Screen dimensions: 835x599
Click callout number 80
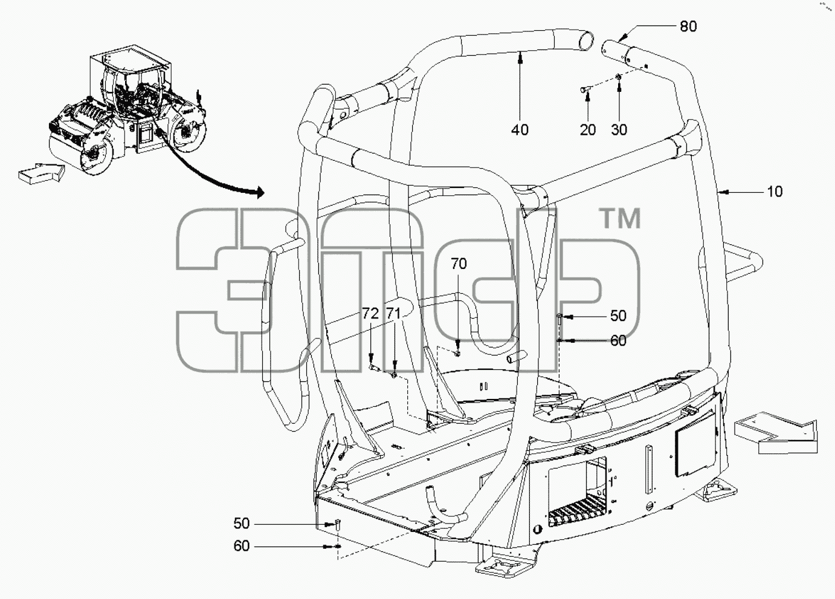(x=688, y=27)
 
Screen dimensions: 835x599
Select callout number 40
(x=520, y=130)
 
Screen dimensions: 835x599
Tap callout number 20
(x=588, y=130)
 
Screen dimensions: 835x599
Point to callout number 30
(x=619, y=130)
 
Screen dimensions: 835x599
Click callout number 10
(x=775, y=192)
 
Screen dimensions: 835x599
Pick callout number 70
(x=459, y=264)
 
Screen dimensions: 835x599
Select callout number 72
(x=370, y=314)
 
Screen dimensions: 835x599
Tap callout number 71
(x=393, y=314)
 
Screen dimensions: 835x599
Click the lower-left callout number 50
(x=241, y=523)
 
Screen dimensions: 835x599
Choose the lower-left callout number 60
(x=241, y=546)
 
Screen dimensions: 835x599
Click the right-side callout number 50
(x=618, y=316)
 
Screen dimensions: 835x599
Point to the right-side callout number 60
(x=618, y=340)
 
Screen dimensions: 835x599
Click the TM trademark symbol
(x=619, y=219)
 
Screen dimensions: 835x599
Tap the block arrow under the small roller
(x=41, y=173)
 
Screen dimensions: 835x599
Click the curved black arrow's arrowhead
(x=260, y=192)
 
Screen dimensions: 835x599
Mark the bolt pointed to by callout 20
(x=584, y=89)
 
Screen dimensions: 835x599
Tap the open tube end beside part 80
(x=585, y=41)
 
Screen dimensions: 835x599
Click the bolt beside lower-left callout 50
(x=337, y=525)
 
